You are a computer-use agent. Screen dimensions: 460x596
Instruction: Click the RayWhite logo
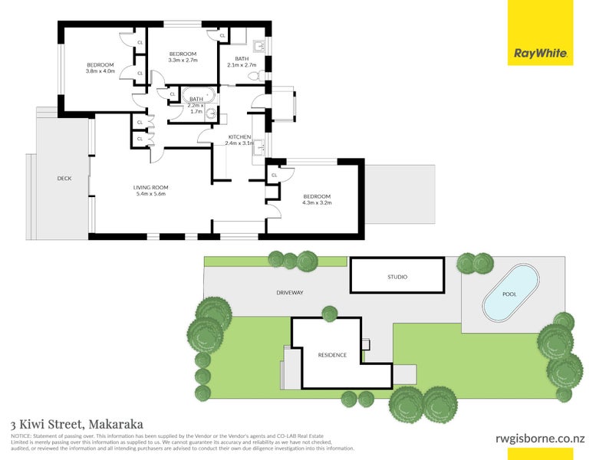click(x=540, y=54)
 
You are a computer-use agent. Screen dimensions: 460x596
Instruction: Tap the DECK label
click(x=64, y=179)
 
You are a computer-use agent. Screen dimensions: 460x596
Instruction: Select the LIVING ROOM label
click(x=150, y=187)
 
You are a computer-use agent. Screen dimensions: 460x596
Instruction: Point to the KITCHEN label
click(x=239, y=136)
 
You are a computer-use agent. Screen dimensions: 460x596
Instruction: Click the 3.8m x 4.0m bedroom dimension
click(x=100, y=71)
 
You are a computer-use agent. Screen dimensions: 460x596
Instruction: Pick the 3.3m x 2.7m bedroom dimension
click(x=183, y=60)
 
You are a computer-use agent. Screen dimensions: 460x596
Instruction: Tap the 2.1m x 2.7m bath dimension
click(x=242, y=65)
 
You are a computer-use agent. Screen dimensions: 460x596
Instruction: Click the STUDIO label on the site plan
click(x=397, y=277)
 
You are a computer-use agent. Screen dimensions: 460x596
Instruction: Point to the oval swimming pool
click(x=510, y=294)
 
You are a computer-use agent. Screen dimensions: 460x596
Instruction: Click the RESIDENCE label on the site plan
click(x=332, y=355)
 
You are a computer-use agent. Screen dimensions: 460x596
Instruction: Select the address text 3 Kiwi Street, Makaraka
click(x=77, y=423)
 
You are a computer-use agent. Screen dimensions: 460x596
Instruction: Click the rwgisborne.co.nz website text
click(x=538, y=439)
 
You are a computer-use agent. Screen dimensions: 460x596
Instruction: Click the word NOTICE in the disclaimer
click(x=21, y=435)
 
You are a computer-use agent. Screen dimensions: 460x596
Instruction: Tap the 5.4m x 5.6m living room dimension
click(x=150, y=195)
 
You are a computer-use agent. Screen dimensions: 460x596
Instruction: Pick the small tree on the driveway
click(x=329, y=313)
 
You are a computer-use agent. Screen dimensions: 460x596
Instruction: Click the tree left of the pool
click(x=466, y=264)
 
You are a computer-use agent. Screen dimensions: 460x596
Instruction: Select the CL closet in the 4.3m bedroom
click(x=274, y=176)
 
